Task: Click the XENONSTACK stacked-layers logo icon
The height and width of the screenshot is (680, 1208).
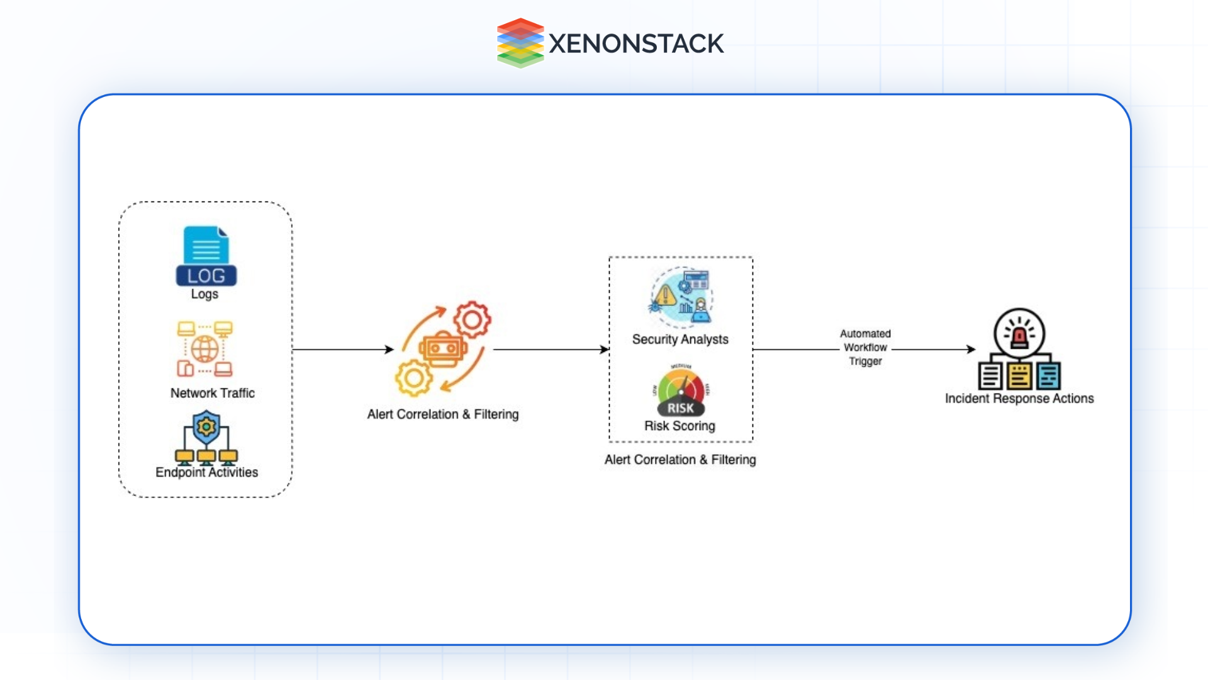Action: point(520,43)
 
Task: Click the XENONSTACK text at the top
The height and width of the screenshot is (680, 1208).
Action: point(636,43)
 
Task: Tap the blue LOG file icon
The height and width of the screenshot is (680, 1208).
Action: point(206,256)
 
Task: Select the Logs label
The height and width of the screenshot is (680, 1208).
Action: point(204,294)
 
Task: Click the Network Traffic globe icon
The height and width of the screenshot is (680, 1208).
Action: point(204,349)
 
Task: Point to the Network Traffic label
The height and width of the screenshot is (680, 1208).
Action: point(213,393)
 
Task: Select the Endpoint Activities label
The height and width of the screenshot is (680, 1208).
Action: point(206,472)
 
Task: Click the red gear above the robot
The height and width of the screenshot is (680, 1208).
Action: point(472,320)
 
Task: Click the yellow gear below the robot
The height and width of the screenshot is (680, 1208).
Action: point(413,378)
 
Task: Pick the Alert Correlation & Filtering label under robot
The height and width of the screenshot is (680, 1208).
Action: point(443,414)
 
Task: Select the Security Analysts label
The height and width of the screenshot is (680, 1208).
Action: point(680,339)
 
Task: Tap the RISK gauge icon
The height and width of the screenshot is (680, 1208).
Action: point(681,391)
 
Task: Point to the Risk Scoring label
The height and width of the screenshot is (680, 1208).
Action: point(679,426)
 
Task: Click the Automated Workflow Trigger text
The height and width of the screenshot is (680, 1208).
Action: point(865,348)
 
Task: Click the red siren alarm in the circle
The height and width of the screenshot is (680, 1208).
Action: point(1019,334)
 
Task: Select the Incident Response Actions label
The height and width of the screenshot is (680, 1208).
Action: point(1019,399)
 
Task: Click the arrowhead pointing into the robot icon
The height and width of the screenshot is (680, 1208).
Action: point(390,349)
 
